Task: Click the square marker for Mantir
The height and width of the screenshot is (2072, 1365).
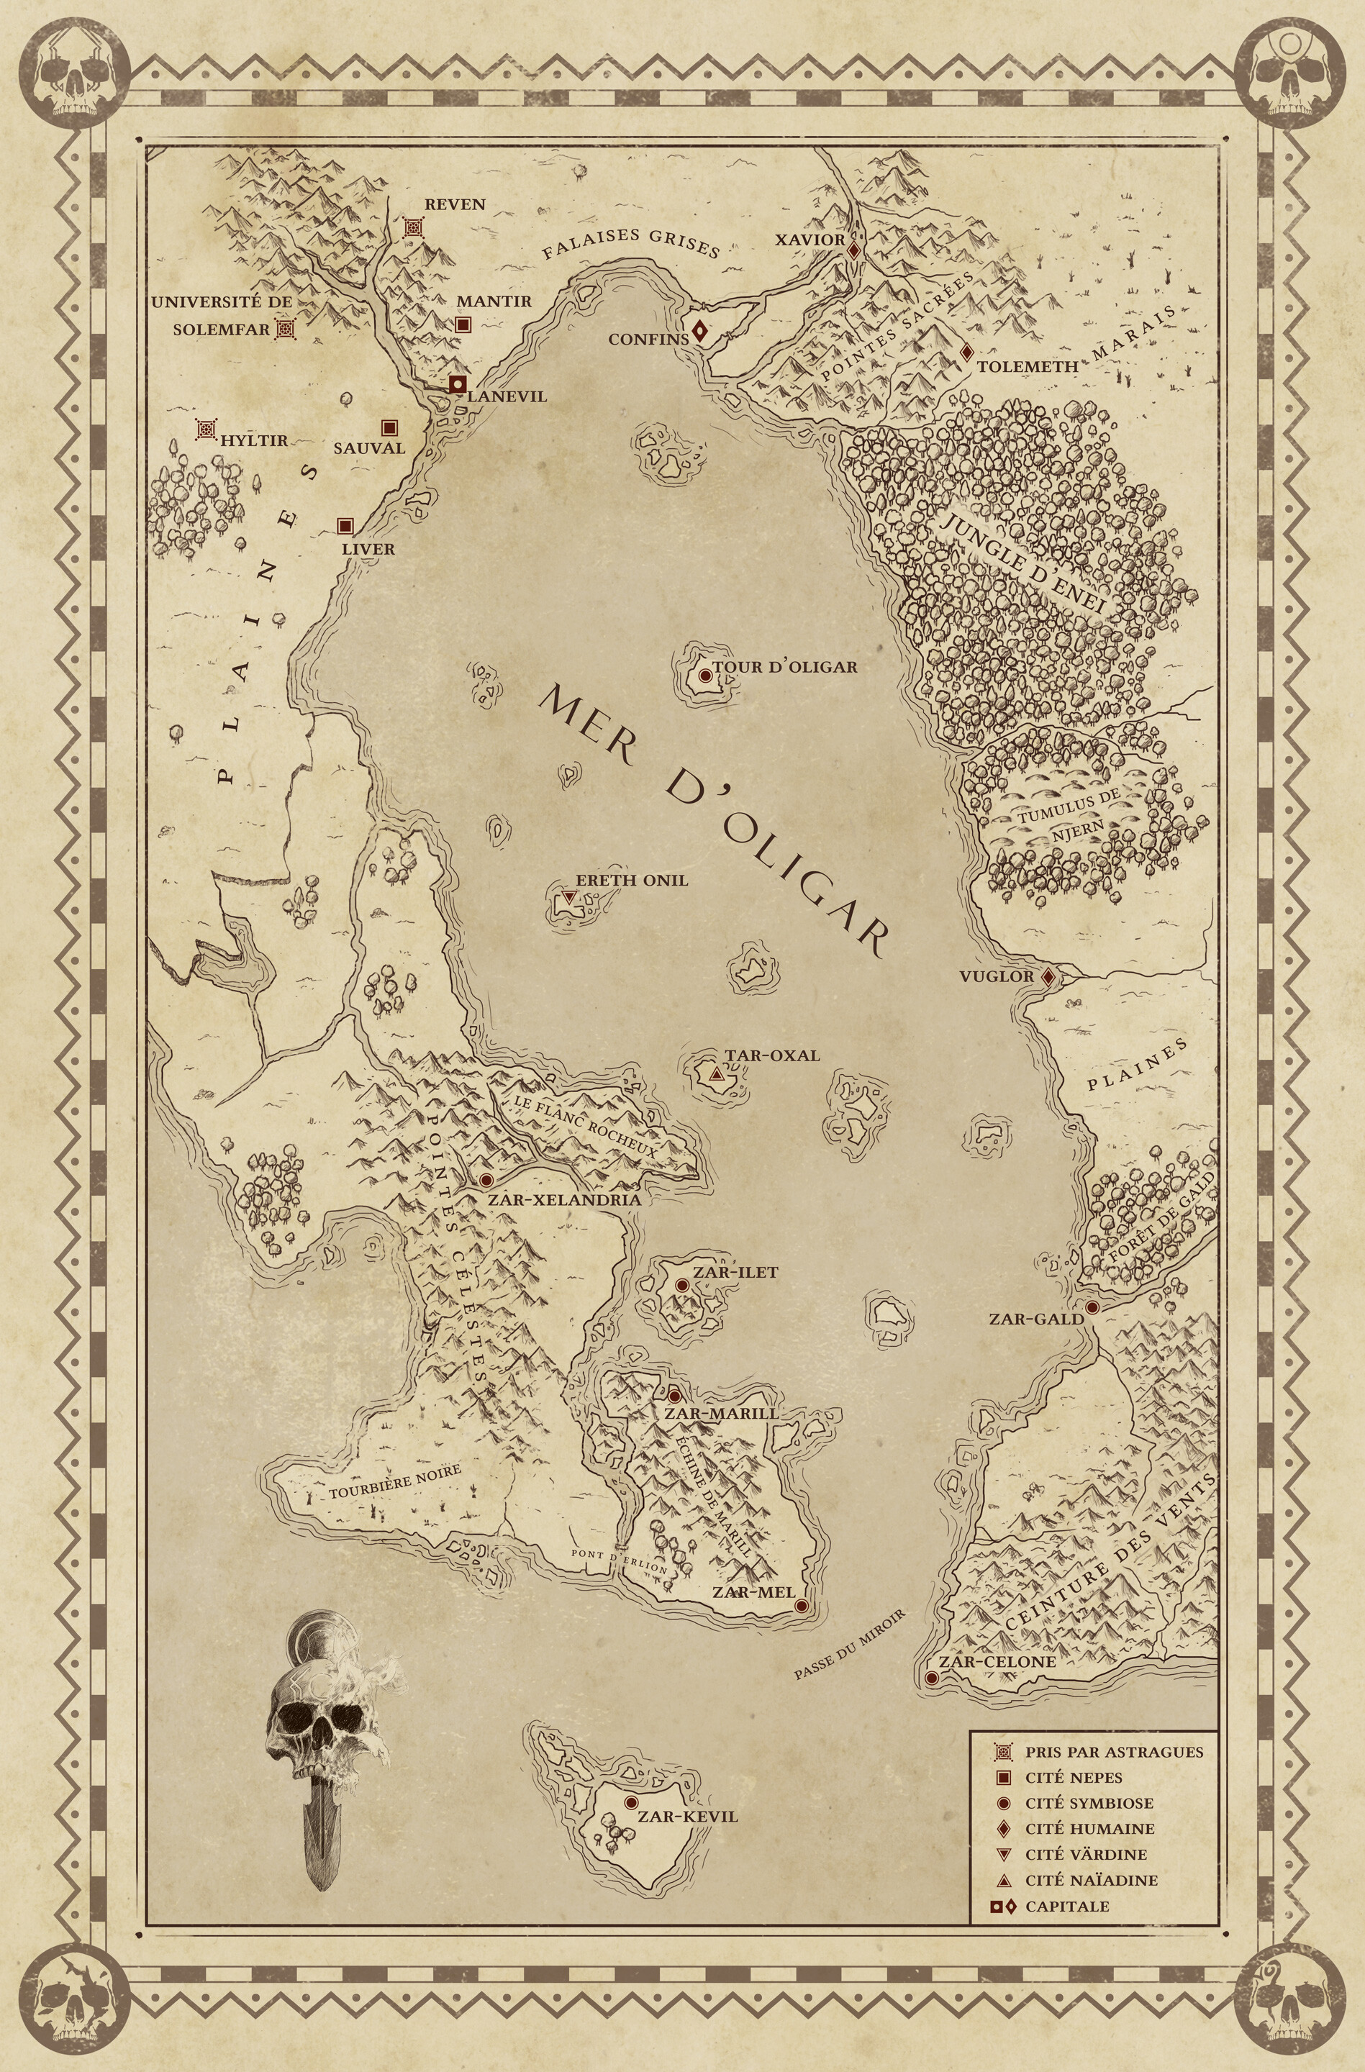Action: (x=463, y=324)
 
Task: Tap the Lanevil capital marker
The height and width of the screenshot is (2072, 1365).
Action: (x=458, y=384)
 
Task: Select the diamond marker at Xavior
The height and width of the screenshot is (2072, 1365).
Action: (x=855, y=249)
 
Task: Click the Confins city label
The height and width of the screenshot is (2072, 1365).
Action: (x=648, y=340)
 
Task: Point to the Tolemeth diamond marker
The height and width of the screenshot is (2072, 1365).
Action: (x=966, y=353)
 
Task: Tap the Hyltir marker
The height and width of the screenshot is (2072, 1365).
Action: (x=207, y=430)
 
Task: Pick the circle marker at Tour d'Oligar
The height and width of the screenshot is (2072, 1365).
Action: (x=705, y=675)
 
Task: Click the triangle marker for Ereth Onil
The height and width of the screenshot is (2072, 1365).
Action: (x=569, y=896)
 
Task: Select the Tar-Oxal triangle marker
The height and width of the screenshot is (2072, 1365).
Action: (x=717, y=1075)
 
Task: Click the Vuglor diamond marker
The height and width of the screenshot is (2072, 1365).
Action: (x=1049, y=977)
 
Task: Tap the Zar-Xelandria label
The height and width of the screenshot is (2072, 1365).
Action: (x=564, y=1199)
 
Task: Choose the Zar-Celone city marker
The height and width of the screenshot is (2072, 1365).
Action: (x=932, y=1678)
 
